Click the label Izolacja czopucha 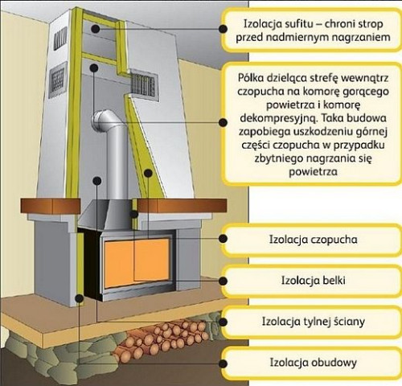click(313, 240)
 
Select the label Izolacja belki click(313, 281)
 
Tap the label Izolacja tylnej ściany click(313, 322)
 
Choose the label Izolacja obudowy click(313, 363)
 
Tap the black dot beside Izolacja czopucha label click(223, 239)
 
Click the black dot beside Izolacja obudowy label click(223, 363)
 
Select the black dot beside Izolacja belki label click(223, 281)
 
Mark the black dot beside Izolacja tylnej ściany click(223, 322)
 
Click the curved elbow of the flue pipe click(103, 120)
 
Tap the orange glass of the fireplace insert click(137, 263)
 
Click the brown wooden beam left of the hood click(51, 206)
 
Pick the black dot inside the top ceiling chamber click(95, 28)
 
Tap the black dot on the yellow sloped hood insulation click(148, 173)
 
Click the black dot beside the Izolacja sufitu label click(223, 29)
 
